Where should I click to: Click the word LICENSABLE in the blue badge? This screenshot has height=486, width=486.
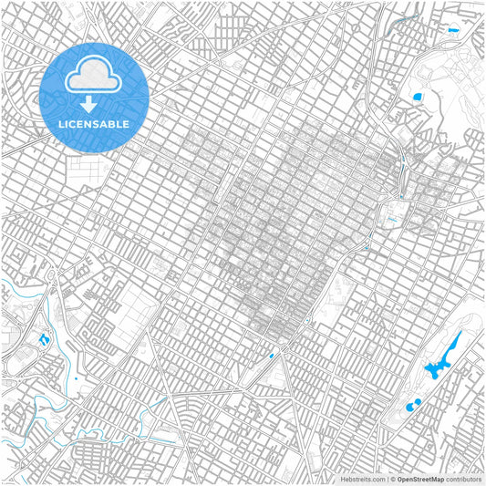click(95, 124)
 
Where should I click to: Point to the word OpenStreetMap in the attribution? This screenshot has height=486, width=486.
click(420, 478)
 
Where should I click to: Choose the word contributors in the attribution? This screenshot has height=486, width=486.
click(463, 478)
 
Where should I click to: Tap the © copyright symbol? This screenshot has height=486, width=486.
click(392, 478)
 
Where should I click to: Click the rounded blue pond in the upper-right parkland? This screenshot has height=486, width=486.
click(419, 95)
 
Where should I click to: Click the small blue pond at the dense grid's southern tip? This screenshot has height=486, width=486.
click(271, 356)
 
